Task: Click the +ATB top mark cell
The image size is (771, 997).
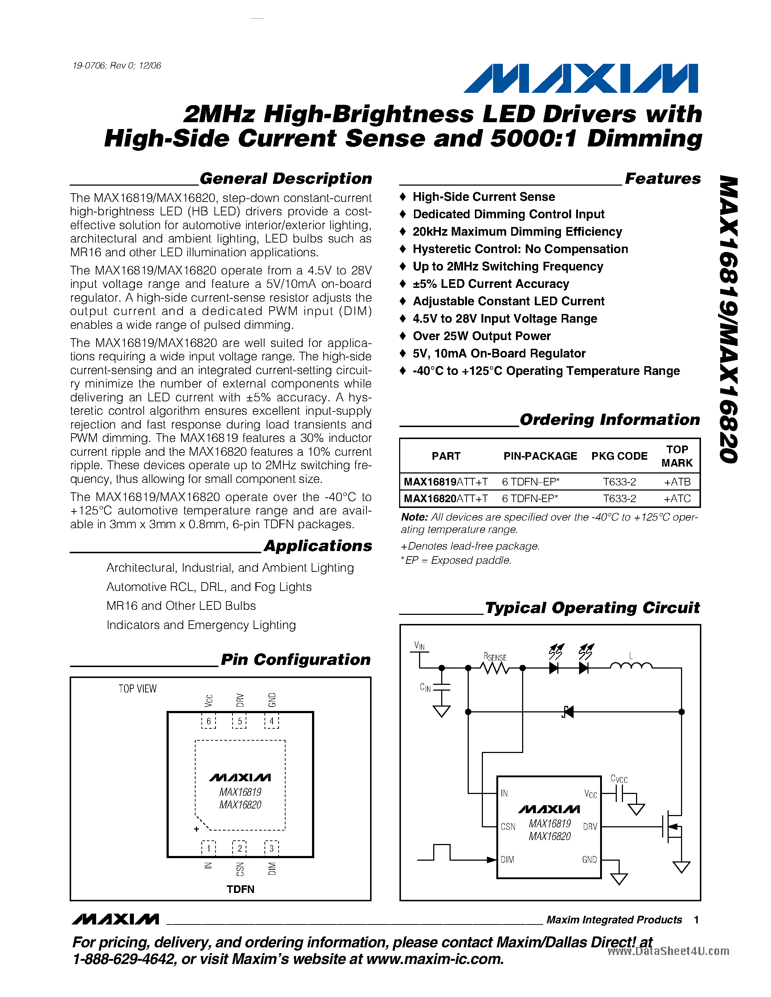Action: pyautogui.click(x=677, y=481)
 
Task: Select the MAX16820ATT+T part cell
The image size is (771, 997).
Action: pyautogui.click(x=445, y=498)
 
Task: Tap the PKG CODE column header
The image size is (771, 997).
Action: pyautogui.click(x=619, y=456)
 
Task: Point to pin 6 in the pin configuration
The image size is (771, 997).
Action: pyautogui.click(x=208, y=721)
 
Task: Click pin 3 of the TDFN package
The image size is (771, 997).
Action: pyautogui.click(x=271, y=848)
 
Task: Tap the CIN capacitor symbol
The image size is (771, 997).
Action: pyautogui.click(x=441, y=687)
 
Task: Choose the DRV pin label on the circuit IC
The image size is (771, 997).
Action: pyautogui.click(x=590, y=827)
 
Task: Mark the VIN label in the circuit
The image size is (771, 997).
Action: pyautogui.click(x=419, y=645)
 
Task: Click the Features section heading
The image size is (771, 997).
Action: pyautogui.click(x=662, y=178)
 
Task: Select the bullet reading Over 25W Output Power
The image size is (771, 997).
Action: pyautogui.click(x=481, y=336)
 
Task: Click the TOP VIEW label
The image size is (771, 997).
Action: pyautogui.click(x=138, y=688)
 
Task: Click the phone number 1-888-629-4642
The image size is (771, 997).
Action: pyautogui.click(x=124, y=959)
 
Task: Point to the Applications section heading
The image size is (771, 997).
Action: pyautogui.click(x=318, y=546)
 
